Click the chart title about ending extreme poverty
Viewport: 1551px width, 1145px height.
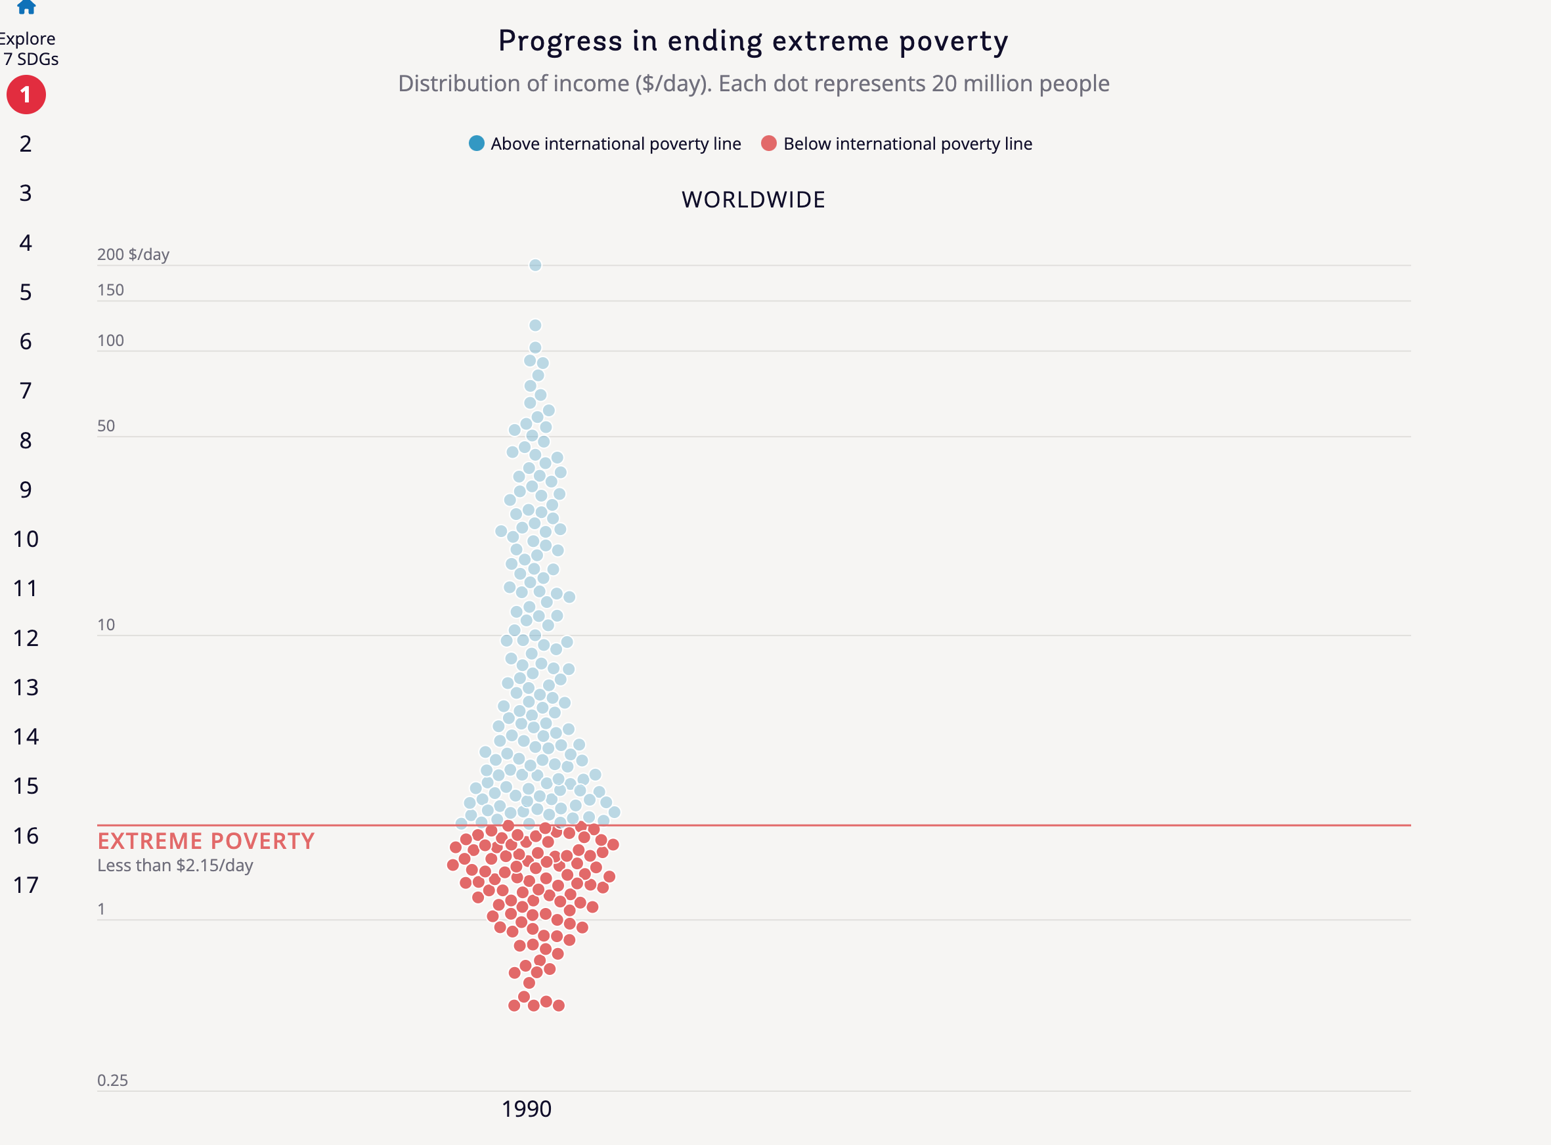click(x=753, y=41)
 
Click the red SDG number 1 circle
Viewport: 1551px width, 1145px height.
click(x=26, y=95)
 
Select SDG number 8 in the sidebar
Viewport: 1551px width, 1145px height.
click(x=26, y=441)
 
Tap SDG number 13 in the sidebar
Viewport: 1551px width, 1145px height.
click(x=26, y=687)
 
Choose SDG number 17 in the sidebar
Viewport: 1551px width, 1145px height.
click(x=26, y=885)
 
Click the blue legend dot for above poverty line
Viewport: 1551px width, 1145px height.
click(x=477, y=144)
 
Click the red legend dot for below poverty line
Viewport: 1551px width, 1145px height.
click(x=768, y=144)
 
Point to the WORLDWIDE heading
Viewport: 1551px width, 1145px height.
click(x=753, y=200)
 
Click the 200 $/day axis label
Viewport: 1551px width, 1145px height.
click(x=133, y=254)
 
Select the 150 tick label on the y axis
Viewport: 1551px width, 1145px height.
click(x=111, y=290)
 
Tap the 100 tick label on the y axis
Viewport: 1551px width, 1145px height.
click(x=111, y=341)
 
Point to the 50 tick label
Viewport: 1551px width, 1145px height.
click(x=106, y=426)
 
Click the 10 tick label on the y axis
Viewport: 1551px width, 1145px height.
click(x=106, y=625)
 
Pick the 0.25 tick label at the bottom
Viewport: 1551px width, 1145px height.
click(x=112, y=1081)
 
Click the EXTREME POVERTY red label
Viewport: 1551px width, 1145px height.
click(x=206, y=842)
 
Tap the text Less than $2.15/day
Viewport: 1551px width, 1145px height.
click(x=175, y=866)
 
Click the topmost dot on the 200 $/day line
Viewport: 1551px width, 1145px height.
click(x=536, y=265)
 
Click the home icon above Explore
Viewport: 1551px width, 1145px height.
click(x=26, y=7)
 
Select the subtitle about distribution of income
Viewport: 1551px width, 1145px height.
click(x=753, y=84)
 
